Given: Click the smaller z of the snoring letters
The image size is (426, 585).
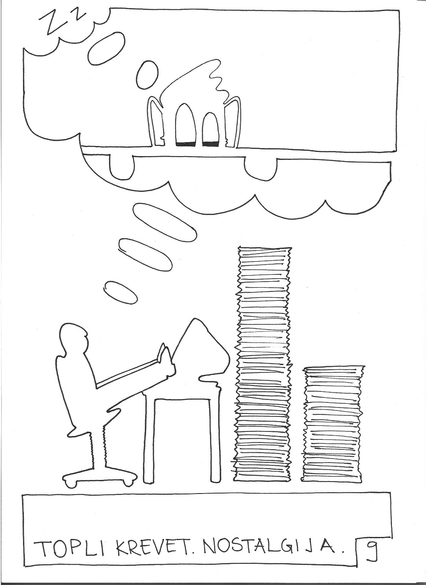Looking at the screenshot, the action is pyautogui.click(x=78, y=16).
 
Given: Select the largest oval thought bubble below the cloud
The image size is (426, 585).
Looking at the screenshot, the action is pyautogui.click(x=164, y=222).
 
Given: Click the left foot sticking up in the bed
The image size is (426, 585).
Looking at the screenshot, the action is pyautogui.click(x=185, y=125).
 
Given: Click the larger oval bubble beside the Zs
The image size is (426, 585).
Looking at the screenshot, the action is pyautogui.click(x=106, y=49).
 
